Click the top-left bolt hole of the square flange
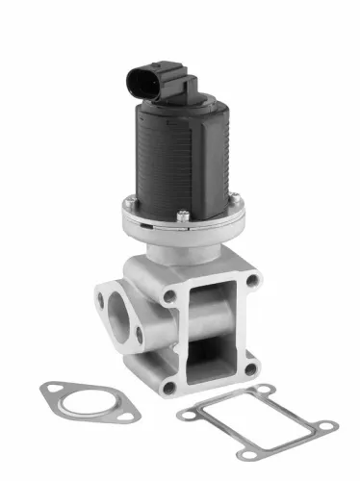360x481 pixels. coord(170,297)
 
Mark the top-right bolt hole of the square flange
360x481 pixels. coord(252,281)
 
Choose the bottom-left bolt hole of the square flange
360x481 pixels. coord(170,387)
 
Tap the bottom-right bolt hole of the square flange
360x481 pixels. coord(251,367)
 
